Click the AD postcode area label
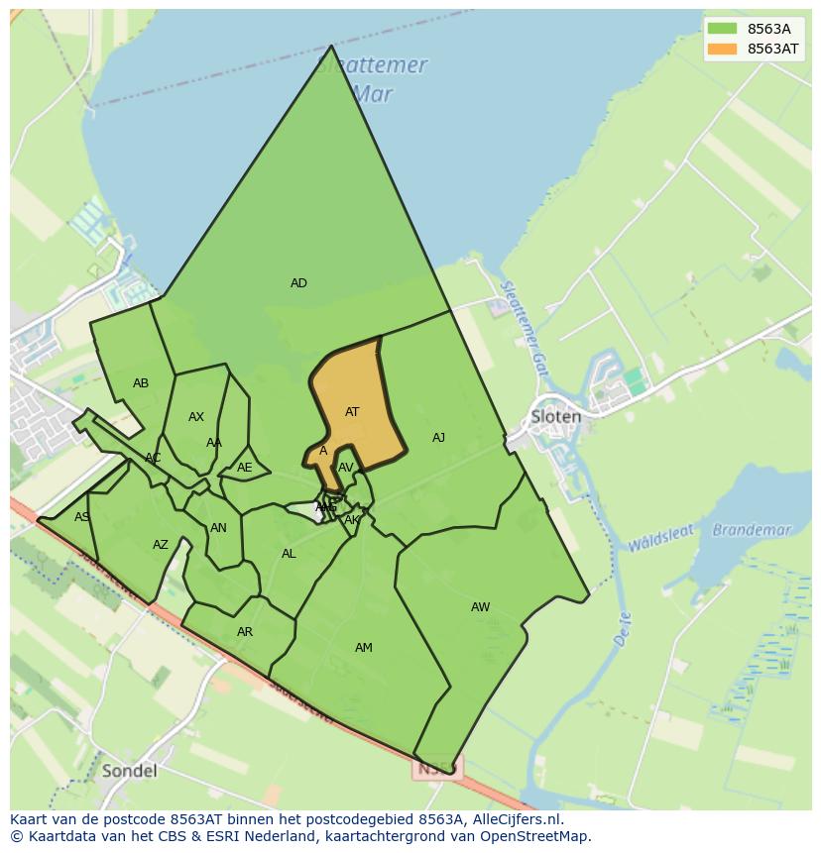298,283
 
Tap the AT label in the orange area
352,412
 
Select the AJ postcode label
438,438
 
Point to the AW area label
480,607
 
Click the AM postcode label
364,648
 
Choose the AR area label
245,632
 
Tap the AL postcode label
289,554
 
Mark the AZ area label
161,545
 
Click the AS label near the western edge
81,517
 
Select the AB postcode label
141,383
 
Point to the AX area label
196,417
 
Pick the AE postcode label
245,468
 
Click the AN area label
218,528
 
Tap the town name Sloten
556,416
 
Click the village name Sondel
129,771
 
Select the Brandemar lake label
753,530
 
